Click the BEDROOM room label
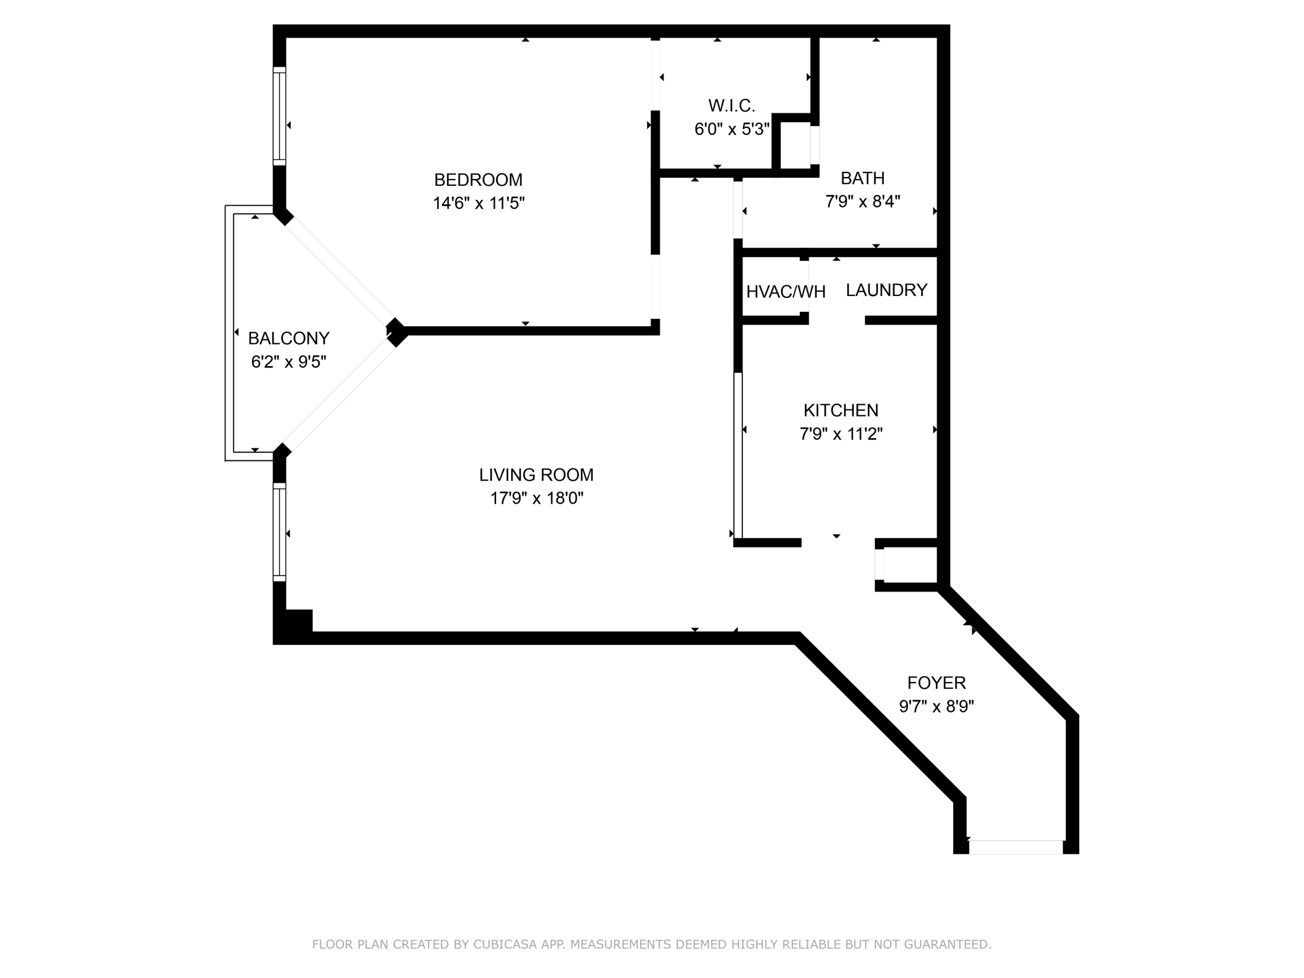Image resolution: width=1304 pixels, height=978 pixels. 478,180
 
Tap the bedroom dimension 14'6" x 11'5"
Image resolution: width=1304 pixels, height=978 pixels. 479,203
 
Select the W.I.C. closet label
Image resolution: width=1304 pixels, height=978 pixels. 732,106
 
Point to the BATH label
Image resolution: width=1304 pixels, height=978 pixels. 863,178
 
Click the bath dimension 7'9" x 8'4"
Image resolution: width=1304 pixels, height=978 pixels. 863,202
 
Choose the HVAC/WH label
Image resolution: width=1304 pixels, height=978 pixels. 786,292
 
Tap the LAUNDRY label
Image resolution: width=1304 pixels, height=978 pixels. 886,290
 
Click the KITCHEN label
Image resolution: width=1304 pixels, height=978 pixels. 841,411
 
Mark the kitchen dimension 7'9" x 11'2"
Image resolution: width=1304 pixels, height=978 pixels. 841,434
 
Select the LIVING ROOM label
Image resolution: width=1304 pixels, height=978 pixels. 536,475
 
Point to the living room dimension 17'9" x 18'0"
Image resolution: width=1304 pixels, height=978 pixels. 537,499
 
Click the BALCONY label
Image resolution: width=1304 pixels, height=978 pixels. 288,338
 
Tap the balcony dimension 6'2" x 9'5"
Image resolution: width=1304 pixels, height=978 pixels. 288,362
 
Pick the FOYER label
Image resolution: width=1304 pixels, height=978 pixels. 937,683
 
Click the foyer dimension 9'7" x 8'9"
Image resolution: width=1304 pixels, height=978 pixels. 937,707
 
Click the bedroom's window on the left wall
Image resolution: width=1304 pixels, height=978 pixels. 280,116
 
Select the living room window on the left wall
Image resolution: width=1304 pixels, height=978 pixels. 280,532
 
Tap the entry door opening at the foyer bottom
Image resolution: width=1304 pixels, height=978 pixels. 1016,847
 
